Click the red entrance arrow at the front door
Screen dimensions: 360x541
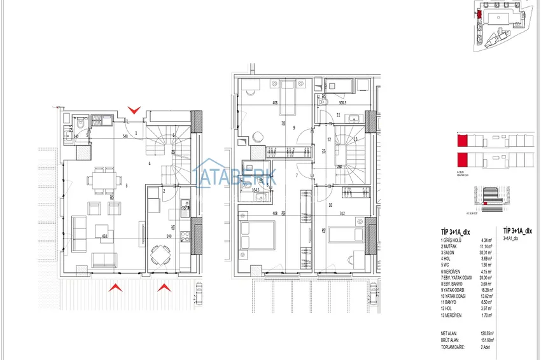tap(134, 111)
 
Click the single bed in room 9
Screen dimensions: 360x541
tap(283, 93)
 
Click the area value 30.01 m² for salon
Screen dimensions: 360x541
tap(488, 251)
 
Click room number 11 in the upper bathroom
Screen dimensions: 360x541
tap(339, 115)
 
